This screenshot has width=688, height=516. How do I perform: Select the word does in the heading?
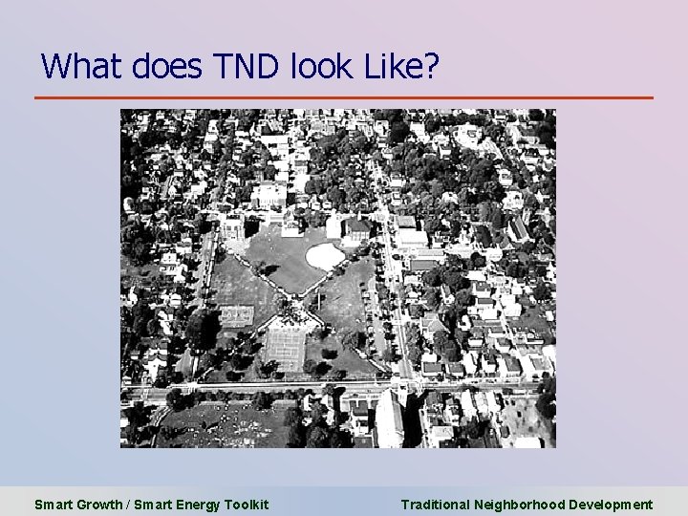173,66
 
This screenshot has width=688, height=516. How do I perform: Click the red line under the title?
344,97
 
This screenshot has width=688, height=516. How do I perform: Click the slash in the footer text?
128,505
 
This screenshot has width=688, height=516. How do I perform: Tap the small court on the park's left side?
235,314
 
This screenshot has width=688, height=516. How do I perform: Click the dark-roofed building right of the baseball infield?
355,230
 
